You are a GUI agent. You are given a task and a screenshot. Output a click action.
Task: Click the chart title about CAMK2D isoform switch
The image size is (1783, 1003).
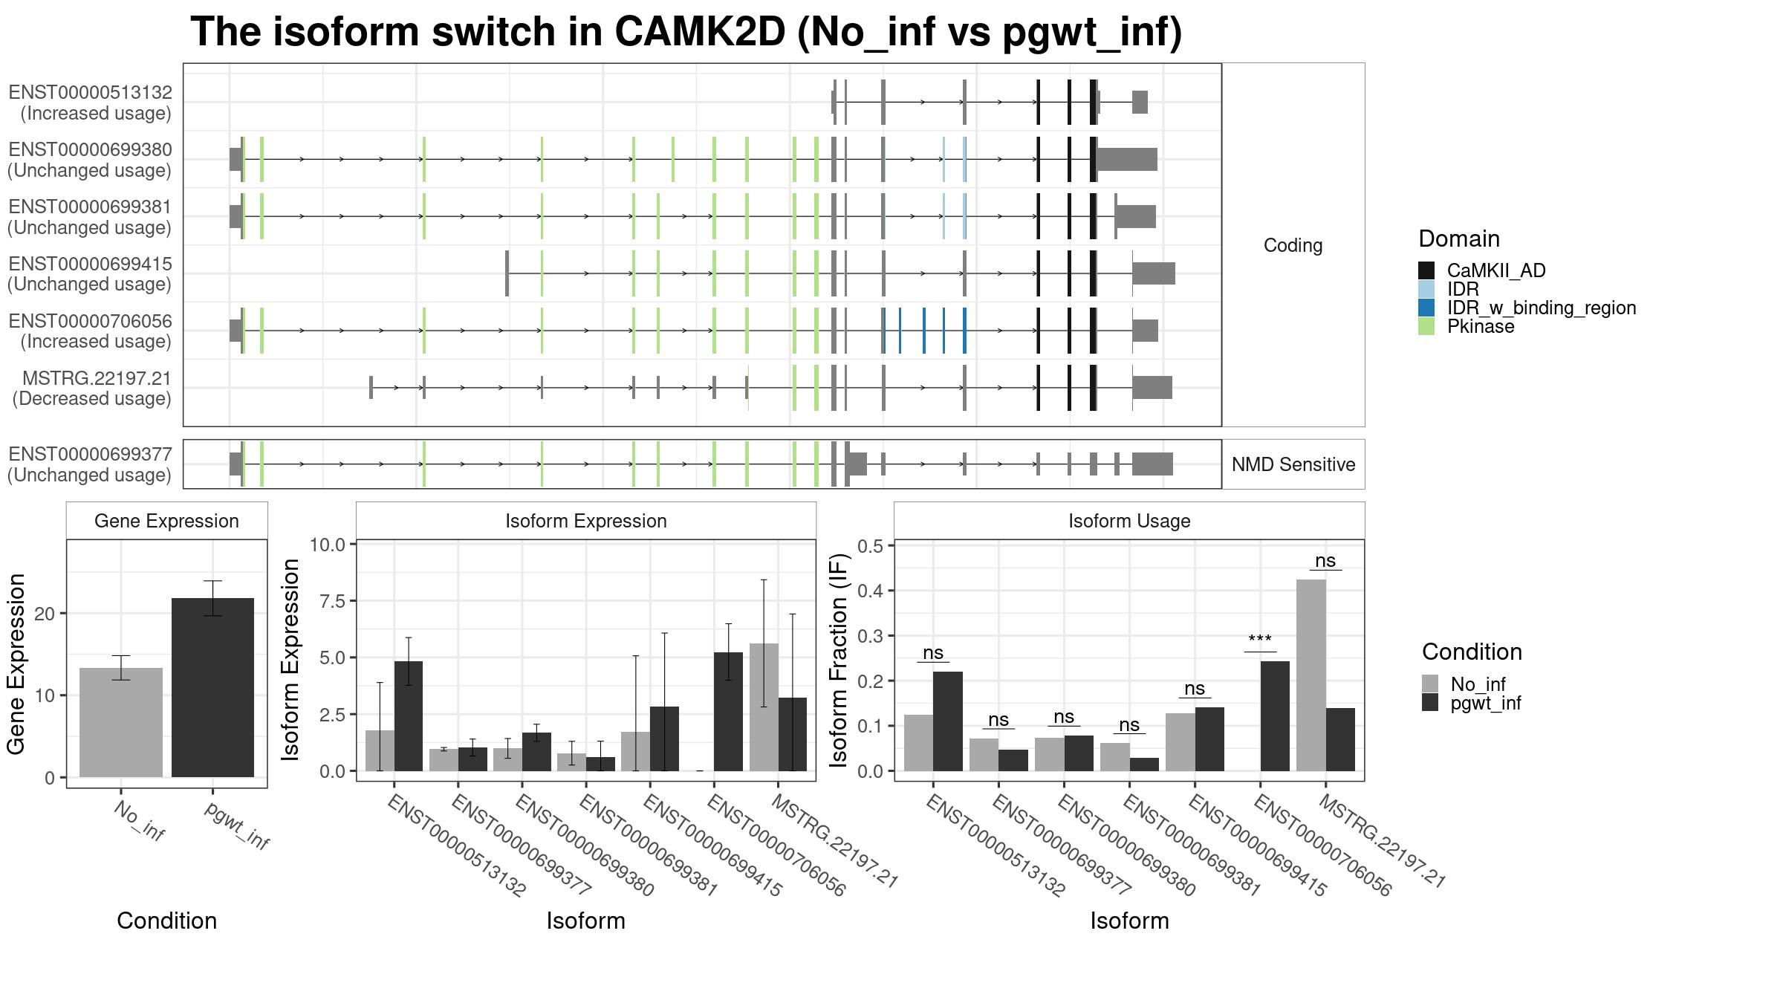pos(686,33)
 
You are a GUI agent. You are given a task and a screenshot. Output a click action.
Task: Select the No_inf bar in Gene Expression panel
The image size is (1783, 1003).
pos(121,722)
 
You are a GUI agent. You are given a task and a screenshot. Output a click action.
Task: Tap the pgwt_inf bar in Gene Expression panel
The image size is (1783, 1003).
pos(212,687)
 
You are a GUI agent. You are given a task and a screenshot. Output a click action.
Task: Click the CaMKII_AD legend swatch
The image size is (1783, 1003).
pos(1426,270)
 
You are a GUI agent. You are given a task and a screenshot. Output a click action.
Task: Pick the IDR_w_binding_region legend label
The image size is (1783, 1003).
pos(1542,308)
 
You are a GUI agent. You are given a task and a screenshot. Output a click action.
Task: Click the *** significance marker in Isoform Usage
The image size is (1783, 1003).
pos(1260,640)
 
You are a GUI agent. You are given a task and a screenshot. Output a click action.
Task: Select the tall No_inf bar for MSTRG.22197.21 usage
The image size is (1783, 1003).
pos(1311,675)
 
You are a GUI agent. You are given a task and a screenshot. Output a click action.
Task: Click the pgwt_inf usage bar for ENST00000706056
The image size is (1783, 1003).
pos(1275,716)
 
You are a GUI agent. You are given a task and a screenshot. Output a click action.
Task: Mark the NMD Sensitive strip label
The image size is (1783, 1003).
pos(1293,464)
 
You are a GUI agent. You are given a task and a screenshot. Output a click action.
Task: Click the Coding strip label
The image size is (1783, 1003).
pos(1293,245)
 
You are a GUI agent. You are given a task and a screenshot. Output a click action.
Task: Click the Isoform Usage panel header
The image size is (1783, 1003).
pos(1129,521)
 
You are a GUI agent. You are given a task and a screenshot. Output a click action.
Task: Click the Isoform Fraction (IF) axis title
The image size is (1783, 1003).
pos(839,660)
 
